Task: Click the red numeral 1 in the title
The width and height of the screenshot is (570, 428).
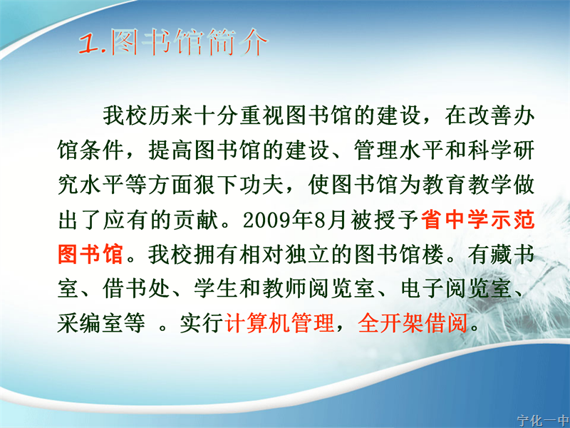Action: tap(88, 44)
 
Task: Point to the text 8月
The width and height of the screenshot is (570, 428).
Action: tap(330, 220)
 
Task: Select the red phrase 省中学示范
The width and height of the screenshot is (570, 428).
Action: tap(477, 220)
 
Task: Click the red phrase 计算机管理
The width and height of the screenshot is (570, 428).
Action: tap(279, 322)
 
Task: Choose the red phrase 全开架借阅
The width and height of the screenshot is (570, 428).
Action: tap(413, 322)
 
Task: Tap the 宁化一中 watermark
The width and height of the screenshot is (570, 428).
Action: tap(543, 421)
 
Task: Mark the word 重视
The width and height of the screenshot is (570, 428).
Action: tap(261, 116)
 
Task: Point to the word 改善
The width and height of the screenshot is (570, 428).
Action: tap(489, 116)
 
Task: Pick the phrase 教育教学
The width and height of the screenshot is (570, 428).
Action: tap(467, 185)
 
